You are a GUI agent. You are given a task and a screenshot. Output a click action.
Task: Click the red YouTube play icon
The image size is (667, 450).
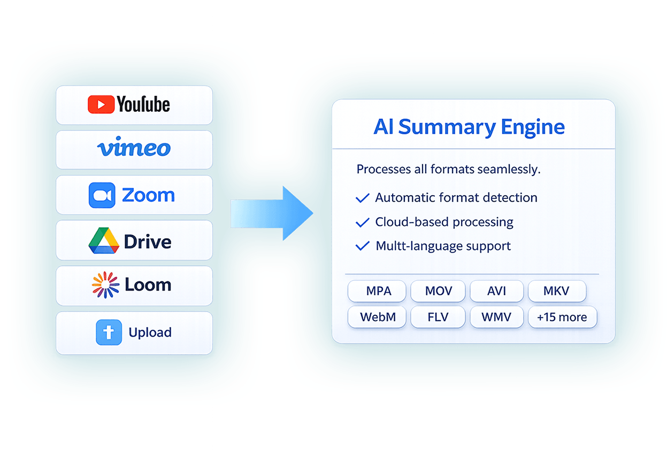click(101, 104)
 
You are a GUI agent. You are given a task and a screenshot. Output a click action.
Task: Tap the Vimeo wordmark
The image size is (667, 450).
click(134, 148)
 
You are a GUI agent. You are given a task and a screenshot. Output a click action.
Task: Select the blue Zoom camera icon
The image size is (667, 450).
click(102, 195)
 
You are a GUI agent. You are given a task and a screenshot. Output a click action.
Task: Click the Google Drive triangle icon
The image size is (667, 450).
click(104, 241)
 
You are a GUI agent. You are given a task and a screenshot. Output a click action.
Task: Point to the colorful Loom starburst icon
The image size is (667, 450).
click(105, 285)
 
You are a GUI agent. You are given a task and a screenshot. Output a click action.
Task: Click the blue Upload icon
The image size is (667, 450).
click(109, 332)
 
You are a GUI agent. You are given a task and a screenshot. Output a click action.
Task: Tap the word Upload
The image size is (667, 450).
click(150, 332)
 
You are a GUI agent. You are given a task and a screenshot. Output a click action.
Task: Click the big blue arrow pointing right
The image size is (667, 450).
click(272, 213)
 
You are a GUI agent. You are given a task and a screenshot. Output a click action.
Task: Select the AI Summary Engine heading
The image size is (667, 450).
click(469, 127)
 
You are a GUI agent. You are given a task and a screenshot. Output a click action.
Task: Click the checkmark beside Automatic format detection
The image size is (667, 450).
click(363, 198)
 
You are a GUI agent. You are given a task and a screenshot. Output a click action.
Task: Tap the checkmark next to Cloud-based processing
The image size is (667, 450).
click(363, 222)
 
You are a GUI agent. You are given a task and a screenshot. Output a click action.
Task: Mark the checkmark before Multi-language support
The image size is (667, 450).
click(363, 246)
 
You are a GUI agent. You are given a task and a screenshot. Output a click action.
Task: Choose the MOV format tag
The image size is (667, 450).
click(439, 291)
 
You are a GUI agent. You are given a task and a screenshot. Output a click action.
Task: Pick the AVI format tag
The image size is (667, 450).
click(496, 291)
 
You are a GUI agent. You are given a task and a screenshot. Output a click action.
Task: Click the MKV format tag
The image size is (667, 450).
click(556, 291)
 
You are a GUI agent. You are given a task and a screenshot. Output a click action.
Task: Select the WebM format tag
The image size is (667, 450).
click(378, 317)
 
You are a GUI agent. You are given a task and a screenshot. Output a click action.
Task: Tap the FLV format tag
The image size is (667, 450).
click(439, 317)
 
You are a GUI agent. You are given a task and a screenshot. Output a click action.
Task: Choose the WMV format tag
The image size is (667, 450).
click(496, 317)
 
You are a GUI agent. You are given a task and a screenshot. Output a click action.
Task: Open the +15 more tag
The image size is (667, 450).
click(562, 317)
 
